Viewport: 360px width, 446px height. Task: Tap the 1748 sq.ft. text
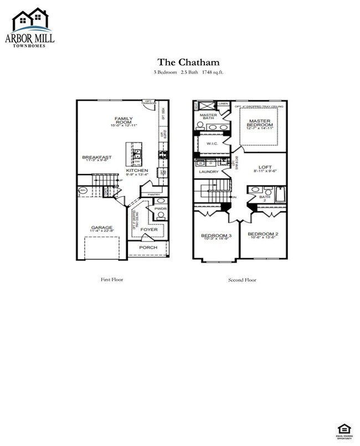coord(213,73)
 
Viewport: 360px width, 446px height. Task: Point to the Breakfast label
coord(97,157)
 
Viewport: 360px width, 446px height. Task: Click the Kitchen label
coord(136,170)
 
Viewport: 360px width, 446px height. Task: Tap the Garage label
coord(102,227)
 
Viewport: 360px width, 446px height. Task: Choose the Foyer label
coord(147,228)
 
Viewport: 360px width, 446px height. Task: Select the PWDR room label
coord(161,209)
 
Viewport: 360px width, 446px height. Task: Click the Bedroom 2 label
coord(263,234)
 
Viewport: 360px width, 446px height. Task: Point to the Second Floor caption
coord(242,280)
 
